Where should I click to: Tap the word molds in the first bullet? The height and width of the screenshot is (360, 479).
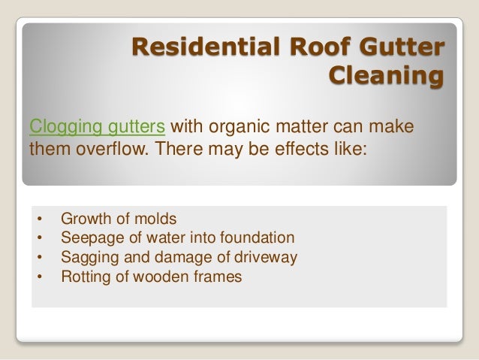tap(157, 219)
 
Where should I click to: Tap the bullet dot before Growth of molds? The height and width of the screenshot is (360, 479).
tap(39, 219)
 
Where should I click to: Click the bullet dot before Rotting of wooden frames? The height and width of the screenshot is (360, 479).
tap(39, 277)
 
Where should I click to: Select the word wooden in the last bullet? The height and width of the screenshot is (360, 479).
tap(170, 277)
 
